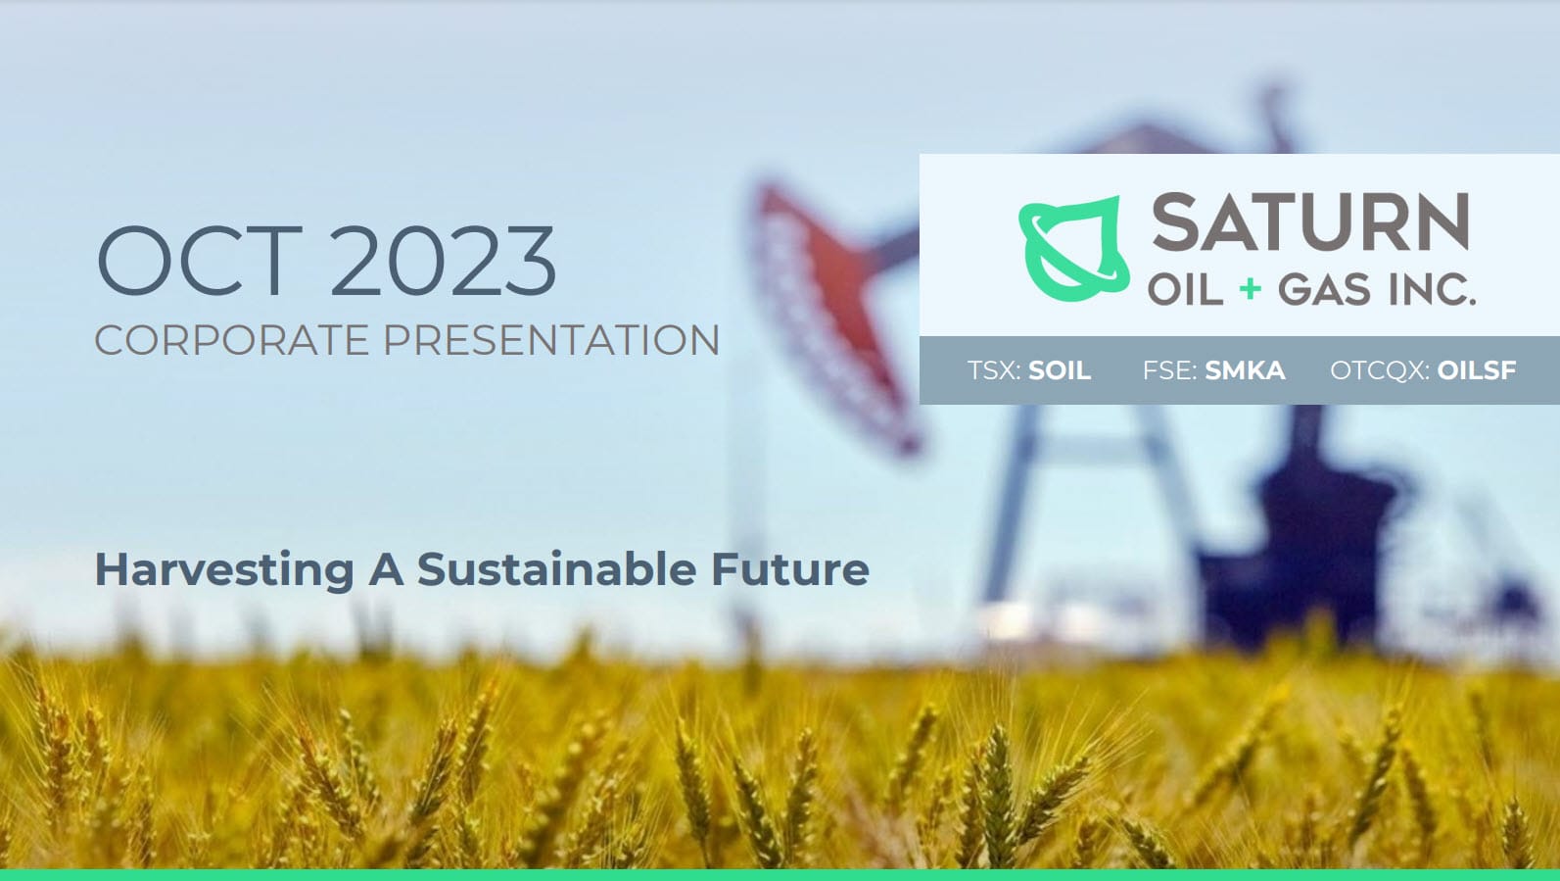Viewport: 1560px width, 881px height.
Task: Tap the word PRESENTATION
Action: (551, 340)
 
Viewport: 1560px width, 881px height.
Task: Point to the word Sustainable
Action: (556, 568)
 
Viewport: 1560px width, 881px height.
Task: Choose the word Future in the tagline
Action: (789, 568)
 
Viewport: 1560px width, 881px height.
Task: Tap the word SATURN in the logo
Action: (1310, 222)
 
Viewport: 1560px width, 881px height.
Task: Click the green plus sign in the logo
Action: (1251, 288)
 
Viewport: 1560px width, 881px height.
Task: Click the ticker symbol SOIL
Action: (1060, 370)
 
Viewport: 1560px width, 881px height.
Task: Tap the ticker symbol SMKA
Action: (1246, 370)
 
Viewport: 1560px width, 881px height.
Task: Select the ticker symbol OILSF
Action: (1477, 370)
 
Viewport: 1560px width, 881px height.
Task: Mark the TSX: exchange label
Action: (995, 370)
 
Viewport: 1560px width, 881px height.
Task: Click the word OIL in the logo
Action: (1185, 289)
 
